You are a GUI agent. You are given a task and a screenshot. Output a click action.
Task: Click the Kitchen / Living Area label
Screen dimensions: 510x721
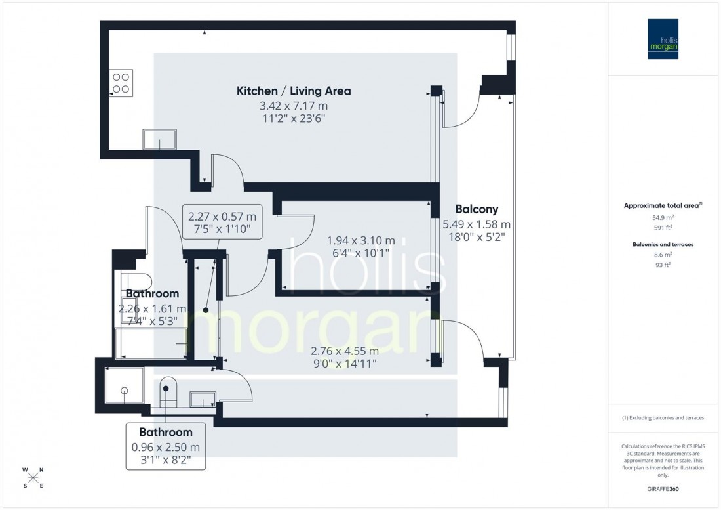(x=293, y=91)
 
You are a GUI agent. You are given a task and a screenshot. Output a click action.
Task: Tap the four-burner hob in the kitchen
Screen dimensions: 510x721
(x=121, y=81)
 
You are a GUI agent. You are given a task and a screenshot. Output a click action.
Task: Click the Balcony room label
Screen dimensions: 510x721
(x=470, y=209)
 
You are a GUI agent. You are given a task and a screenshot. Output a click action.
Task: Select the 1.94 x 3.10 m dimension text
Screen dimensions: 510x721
(x=360, y=240)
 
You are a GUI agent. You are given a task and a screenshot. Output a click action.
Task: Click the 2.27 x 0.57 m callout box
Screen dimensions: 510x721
(x=222, y=222)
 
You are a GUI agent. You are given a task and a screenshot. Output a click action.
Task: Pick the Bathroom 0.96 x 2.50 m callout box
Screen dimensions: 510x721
(x=166, y=446)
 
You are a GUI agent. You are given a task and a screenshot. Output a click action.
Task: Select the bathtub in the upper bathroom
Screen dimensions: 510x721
(x=151, y=344)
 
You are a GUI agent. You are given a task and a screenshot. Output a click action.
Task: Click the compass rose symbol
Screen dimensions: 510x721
(x=33, y=477)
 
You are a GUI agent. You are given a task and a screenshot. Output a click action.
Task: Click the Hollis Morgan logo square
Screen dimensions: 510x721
(x=663, y=39)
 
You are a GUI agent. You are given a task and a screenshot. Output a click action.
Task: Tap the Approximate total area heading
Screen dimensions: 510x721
(x=662, y=205)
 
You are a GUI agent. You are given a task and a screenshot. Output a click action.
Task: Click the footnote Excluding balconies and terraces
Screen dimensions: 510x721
(x=663, y=417)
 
